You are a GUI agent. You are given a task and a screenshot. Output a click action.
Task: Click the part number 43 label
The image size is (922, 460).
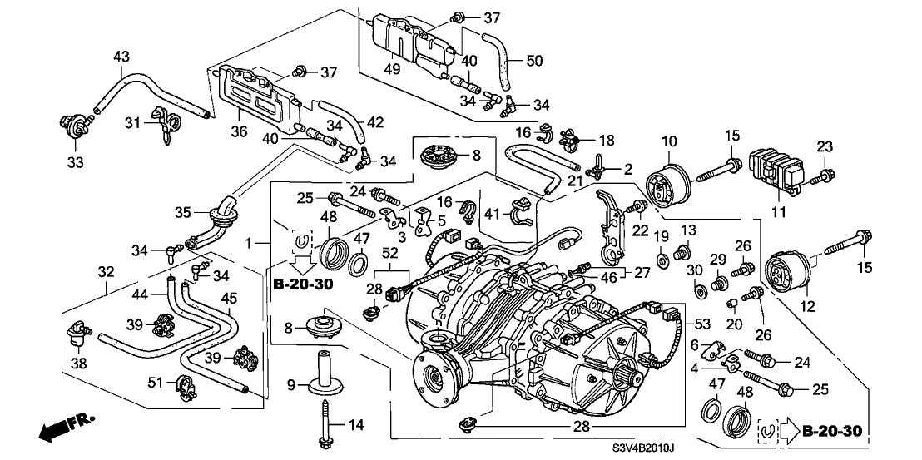pos(121,57)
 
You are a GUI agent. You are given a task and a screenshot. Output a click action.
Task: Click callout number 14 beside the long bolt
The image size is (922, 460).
pos(355,426)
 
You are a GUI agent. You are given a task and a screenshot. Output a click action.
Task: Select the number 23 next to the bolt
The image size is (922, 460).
pos(824,146)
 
